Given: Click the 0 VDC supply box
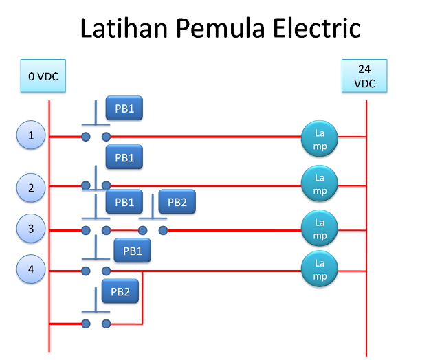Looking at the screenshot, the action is [43, 76].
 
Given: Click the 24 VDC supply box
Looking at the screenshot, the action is [364, 76].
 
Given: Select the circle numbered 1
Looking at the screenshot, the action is [31, 135].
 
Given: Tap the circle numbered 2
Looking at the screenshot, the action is [31, 188].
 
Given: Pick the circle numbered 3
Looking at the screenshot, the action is [31, 228].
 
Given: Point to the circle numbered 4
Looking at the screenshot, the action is [31, 269].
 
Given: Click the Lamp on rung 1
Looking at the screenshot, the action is [320, 139].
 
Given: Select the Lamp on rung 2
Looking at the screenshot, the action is [320, 183].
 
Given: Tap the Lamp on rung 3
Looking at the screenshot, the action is [320, 228].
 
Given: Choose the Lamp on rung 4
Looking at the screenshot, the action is [320, 269].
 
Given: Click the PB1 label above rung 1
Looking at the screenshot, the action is [124, 109].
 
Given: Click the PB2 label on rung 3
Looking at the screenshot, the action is [177, 201].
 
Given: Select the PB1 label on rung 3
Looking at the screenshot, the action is [124, 201].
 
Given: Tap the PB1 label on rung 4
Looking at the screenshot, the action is [133, 250].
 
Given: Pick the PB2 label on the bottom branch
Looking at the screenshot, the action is [120, 291].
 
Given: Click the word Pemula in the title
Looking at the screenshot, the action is [221, 28].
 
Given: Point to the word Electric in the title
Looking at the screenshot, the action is [317, 27].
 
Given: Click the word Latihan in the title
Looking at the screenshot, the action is [124, 27].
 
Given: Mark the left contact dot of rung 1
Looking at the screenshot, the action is [86, 137].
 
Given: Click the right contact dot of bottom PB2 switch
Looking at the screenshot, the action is [106, 324].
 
